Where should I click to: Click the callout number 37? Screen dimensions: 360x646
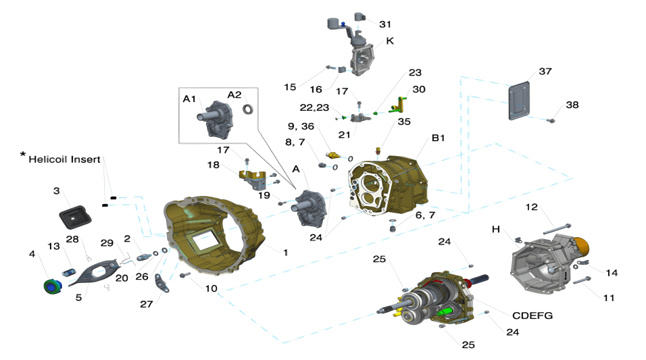click(x=545, y=72)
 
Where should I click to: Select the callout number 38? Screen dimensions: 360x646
click(x=572, y=105)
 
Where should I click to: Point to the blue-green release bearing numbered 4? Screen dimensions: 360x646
click(x=50, y=286)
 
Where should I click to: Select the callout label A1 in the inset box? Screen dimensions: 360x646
click(x=190, y=99)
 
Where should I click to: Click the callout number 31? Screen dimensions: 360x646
click(x=384, y=24)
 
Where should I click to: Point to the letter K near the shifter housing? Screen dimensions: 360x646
click(x=390, y=41)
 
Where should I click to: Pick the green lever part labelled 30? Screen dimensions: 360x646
click(x=401, y=103)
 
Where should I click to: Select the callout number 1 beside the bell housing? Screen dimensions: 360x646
click(x=285, y=252)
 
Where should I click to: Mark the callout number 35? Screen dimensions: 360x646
click(x=404, y=122)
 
